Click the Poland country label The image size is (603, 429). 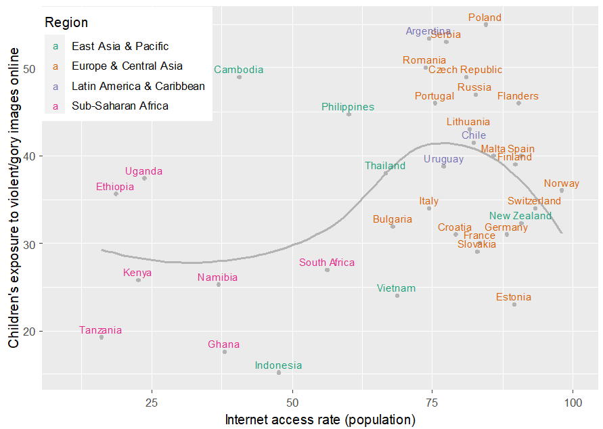pyautogui.click(x=485, y=18)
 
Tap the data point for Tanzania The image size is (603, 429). pyautogui.click(x=102, y=337)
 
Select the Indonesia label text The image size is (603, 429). pyautogui.click(x=278, y=365)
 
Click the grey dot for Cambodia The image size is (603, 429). pyautogui.click(x=239, y=77)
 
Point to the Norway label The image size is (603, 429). pyautogui.click(x=561, y=183)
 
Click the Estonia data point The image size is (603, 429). pyautogui.click(x=514, y=304)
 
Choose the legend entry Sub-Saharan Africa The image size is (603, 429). pyautogui.click(x=120, y=106)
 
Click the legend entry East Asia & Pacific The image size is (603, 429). pyautogui.click(x=120, y=47)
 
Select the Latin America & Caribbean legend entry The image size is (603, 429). pyautogui.click(x=138, y=86)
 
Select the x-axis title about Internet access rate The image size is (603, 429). pyautogui.click(x=319, y=420)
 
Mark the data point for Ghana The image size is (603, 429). pyautogui.click(x=225, y=352)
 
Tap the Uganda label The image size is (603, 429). pyautogui.click(x=143, y=171)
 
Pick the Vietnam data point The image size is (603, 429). pyautogui.click(x=397, y=296)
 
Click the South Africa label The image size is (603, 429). pyautogui.click(x=327, y=263)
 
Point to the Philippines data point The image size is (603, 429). pyautogui.click(x=349, y=114)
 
